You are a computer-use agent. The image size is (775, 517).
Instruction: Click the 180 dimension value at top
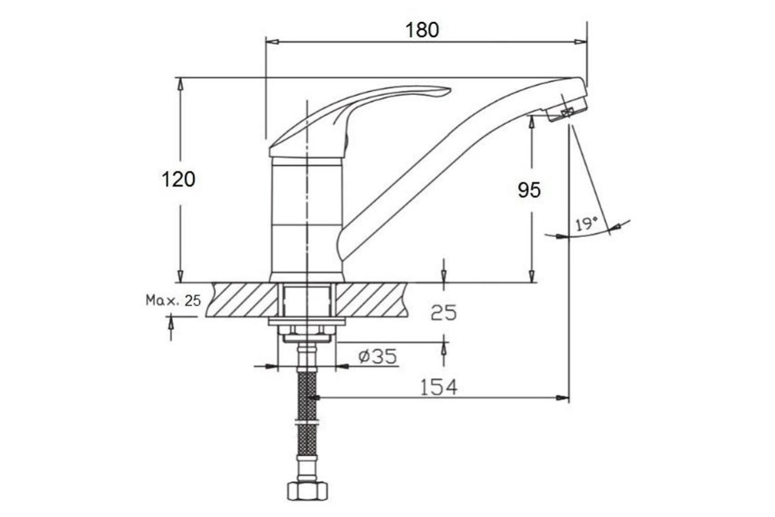coord(422,30)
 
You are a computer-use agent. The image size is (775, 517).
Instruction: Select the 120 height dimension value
coord(178,180)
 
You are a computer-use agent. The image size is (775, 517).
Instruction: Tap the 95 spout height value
coord(529,190)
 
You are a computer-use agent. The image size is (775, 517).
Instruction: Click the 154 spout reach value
coord(439,387)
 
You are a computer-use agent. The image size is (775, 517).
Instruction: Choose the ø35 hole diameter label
coord(377,356)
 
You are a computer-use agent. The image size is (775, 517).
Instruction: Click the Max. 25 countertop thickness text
coord(173,301)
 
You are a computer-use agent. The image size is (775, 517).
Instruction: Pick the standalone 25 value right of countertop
coord(444,313)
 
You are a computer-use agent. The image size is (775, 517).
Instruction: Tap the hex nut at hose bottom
coord(307,491)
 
